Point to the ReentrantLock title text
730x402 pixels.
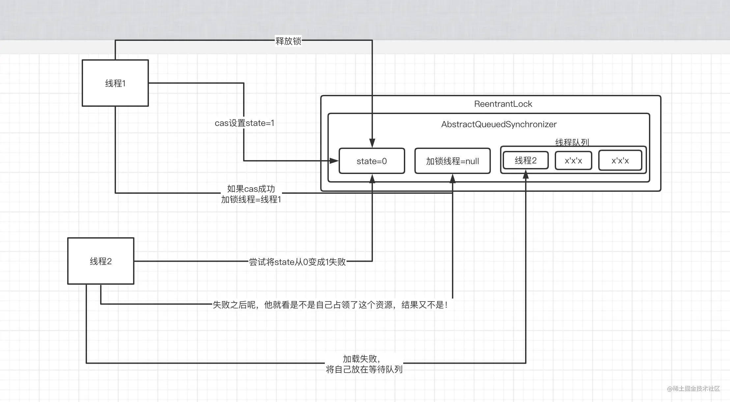coord(503,104)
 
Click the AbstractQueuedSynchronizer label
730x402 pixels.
coord(499,124)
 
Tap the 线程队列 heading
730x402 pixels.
coord(572,142)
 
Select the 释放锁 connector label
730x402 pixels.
coord(288,41)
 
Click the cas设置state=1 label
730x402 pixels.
coord(244,123)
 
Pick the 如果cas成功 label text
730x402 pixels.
coord(251,189)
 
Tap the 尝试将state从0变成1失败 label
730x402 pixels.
coord(297,262)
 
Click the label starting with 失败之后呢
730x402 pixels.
coord(330,305)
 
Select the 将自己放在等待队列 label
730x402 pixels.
coord(364,369)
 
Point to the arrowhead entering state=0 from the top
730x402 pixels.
coord(372,143)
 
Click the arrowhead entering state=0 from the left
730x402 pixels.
coord(334,161)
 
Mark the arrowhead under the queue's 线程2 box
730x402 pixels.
coord(526,174)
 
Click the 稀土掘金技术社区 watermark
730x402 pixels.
coord(693,389)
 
